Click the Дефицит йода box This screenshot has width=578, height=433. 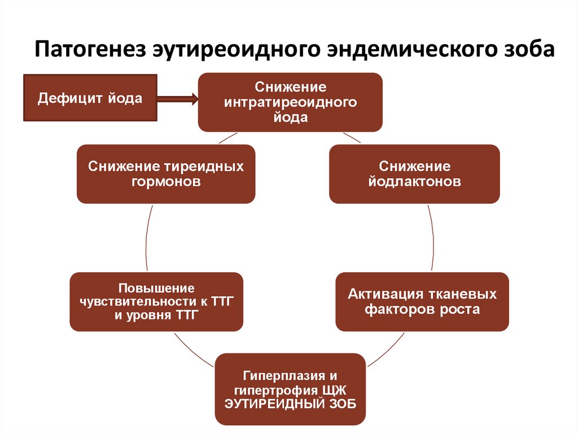tap(90, 98)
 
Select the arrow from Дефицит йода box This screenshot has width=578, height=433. tap(177, 99)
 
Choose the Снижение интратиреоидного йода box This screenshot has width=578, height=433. tap(290, 102)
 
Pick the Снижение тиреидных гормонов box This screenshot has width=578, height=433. tap(165, 174)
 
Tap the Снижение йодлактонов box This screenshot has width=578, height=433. tap(414, 174)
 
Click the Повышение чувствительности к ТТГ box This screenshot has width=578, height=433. tap(156, 301)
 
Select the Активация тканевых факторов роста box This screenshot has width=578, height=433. tap(422, 301)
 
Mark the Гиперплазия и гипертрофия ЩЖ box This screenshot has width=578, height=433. tap(290, 389)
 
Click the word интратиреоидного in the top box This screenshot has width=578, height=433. tap(290, 102)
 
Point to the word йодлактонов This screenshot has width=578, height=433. tap(414, 182)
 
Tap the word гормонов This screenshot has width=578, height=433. tap(165, 182)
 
